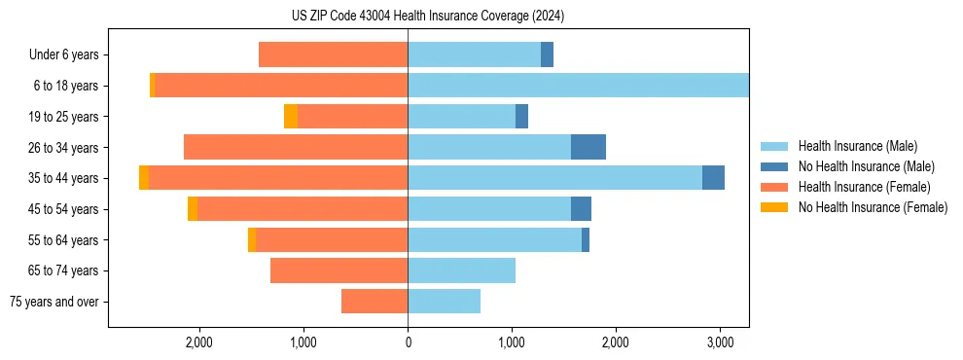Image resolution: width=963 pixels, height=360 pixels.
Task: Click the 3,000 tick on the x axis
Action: (720, 342)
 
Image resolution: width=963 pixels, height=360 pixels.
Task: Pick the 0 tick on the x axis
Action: (408, 342)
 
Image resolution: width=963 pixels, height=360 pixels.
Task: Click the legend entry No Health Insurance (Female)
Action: (873, 207)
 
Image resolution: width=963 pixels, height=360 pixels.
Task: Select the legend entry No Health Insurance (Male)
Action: (866, 166)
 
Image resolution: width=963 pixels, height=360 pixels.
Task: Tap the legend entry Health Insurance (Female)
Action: (864, 187)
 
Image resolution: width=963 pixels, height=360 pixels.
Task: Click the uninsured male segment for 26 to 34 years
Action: (588, 147)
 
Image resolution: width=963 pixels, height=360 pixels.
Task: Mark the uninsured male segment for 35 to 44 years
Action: (713, 178)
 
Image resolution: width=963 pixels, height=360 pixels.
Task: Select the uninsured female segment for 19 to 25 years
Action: (291, 117)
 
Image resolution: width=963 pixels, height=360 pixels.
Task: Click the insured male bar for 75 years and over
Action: (444, 302)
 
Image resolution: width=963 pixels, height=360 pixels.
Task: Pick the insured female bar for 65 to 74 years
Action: (339, 270)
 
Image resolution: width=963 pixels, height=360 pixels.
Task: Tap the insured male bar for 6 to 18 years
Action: (578, 86)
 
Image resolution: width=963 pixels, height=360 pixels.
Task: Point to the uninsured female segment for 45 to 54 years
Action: (193, 208)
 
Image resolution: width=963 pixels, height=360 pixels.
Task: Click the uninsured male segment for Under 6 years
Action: (547, 55)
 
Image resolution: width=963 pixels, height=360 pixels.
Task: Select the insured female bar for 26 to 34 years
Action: (296, 147)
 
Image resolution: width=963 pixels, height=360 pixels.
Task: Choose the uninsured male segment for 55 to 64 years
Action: (586, 239)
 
